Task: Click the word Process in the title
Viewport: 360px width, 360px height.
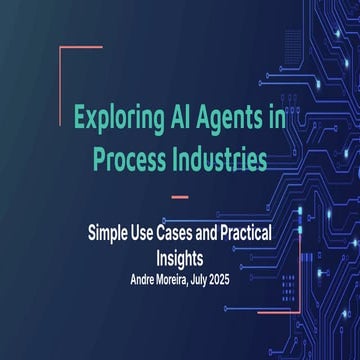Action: pyautogui.click(x=127, y=158)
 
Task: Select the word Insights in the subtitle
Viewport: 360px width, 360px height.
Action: pyautogui.click(x=180, y=254)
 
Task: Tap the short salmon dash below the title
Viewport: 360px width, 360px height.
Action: pyautogui.click(x=181, y=196)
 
